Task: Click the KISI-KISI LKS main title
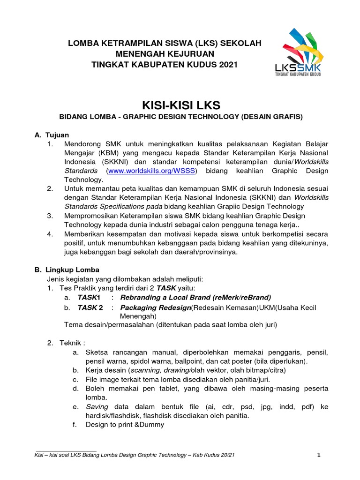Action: (x=180, y=104)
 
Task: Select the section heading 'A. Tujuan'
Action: (x=52, y=135)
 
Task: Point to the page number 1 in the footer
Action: (x=318, y=454)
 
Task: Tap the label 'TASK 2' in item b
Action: (x=90, y=307)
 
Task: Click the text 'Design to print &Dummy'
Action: (x=125, y=425)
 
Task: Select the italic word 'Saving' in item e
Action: (x=97, y=406)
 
